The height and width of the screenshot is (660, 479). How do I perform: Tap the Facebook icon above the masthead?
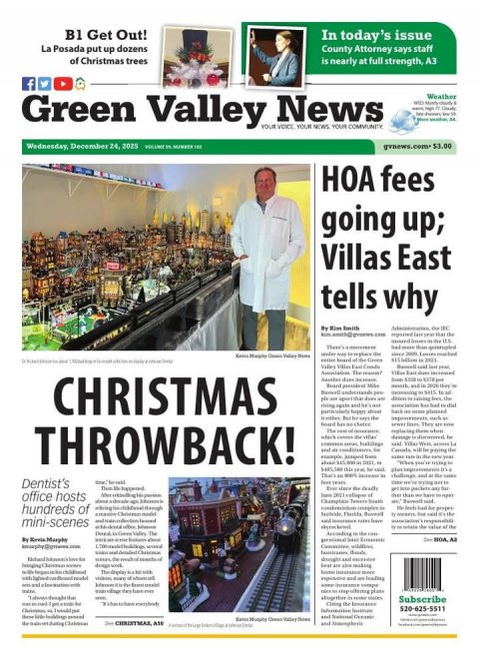pyautogui.click(x=28, y=84)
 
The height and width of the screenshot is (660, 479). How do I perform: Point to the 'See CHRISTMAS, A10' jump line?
pyautogui.click(x=135, y=622)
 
